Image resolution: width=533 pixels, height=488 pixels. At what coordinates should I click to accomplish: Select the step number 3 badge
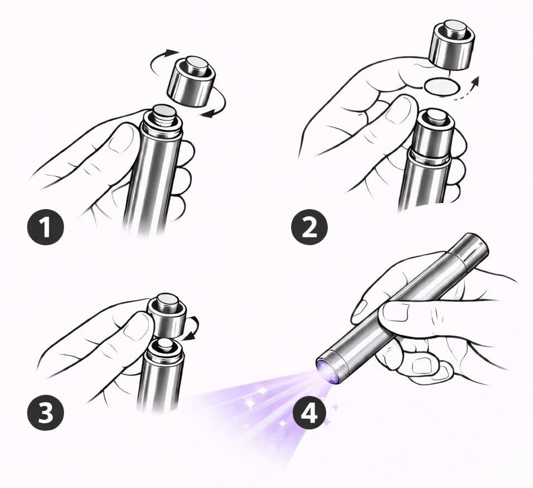click(45, 413)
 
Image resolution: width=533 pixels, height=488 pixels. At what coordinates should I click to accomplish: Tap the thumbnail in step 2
click(400, 110)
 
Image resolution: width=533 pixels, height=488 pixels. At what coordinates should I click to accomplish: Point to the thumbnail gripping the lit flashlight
click(396, 311)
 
